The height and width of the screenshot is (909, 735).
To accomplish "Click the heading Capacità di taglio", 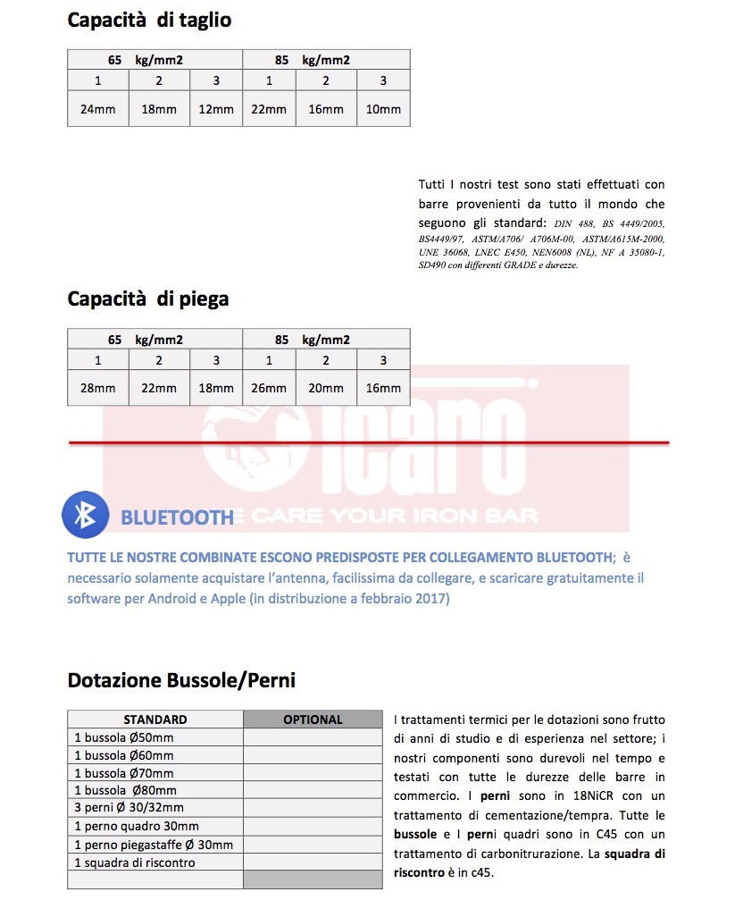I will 149,20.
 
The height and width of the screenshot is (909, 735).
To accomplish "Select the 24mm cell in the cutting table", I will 97,109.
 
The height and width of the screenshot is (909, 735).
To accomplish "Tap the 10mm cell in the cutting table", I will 383,109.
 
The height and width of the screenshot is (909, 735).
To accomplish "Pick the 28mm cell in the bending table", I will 97,388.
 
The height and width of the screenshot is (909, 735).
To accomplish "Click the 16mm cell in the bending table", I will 383,388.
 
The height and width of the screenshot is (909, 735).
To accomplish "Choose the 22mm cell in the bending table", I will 159,388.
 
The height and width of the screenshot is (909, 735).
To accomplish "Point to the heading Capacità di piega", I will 148,299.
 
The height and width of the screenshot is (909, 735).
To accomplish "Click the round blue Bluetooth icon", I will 85,514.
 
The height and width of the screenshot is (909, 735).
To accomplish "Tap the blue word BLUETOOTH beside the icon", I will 177,517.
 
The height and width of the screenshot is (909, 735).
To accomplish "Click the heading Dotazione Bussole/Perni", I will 181,680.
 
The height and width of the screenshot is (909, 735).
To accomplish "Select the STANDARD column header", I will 155,720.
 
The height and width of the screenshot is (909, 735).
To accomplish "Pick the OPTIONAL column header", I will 313,720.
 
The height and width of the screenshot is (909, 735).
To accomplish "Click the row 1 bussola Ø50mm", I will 124,737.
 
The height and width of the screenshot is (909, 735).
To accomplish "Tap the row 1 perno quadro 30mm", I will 137,827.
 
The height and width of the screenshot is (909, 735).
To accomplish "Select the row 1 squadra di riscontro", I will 135,863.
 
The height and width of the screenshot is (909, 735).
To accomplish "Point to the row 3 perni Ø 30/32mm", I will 130,809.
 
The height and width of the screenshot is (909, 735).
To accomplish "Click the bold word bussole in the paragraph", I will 415,834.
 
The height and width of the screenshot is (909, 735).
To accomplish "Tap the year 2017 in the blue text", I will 434,599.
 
